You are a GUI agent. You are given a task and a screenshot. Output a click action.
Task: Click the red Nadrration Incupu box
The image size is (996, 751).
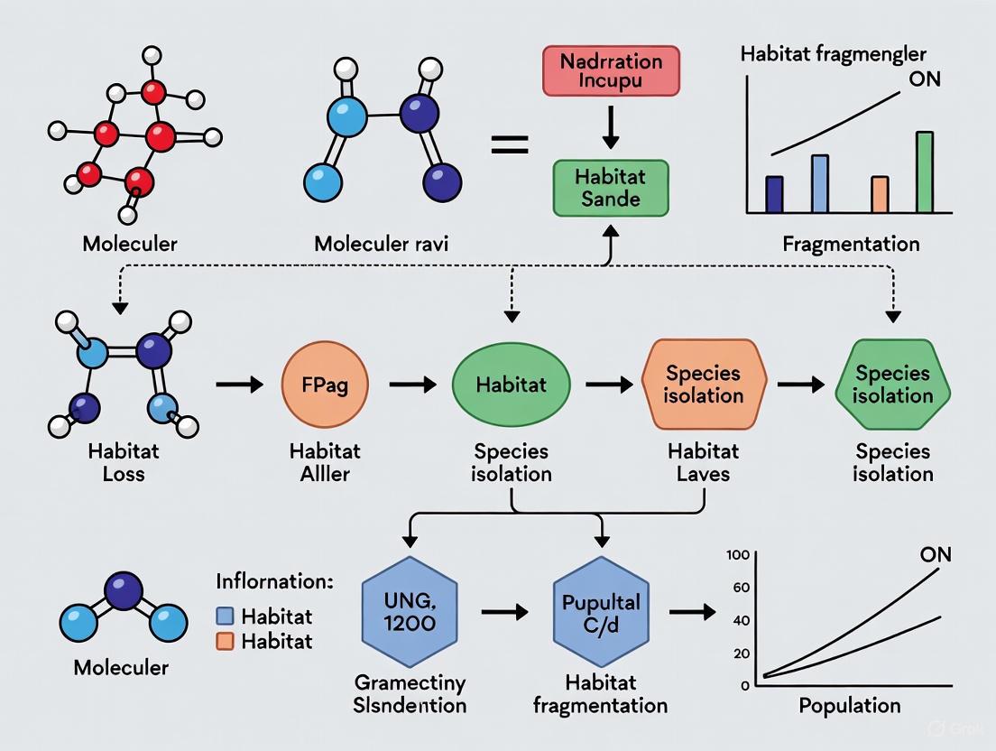click(611, 71)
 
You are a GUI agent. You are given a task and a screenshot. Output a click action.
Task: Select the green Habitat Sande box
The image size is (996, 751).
click(611, 187)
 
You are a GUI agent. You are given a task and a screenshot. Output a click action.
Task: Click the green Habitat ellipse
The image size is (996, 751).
click(512, 385)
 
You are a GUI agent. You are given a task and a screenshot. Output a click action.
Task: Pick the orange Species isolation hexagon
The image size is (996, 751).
click(704, 384)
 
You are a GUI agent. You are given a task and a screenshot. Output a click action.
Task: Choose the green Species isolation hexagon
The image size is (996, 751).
click(892, 384)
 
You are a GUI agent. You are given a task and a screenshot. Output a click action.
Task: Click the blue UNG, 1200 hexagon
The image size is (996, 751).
click(410, 611)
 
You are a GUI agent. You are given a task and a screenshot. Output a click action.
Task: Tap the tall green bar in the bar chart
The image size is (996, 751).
click(925, 172)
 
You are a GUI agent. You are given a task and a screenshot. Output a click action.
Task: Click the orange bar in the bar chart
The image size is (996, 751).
click(880, 194)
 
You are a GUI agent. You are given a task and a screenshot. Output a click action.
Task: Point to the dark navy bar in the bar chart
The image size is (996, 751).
click(774, 194)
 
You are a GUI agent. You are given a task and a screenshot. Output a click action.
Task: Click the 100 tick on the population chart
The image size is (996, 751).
click(739, 554)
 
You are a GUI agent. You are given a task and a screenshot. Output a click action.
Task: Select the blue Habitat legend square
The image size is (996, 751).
click(226, 617)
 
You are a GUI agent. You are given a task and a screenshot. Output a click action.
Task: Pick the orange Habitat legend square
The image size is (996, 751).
click(226, 642)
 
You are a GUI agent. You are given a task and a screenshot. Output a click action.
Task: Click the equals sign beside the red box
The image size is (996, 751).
click(509, 143)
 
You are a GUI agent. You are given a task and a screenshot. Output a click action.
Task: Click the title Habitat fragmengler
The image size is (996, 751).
click(833, 53)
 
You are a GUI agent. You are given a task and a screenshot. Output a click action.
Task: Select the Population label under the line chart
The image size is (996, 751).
click(849, 705)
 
